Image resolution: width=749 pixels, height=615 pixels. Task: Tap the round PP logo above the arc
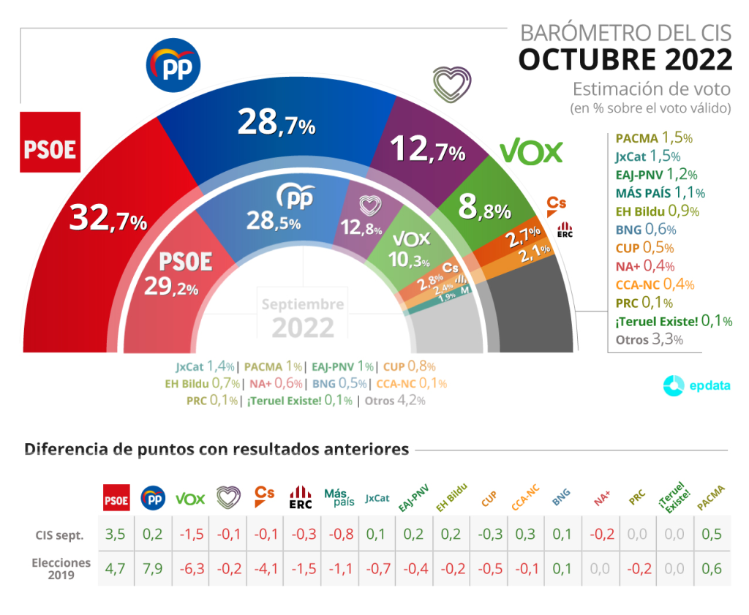click(x=173, y=64)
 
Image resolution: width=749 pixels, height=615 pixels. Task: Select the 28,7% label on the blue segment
click(x=276, y=123)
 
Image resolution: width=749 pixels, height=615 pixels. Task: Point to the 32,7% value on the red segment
click(x=108, y=218)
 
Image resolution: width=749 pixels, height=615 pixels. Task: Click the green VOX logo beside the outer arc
click(x=531, y=151)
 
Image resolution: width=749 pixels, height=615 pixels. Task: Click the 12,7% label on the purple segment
click(x=428, y=150)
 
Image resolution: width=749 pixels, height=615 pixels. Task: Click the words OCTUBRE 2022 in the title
click(x=625, y=59)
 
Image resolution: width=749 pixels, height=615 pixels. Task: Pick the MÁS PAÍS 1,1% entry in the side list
click(x=660, y=193)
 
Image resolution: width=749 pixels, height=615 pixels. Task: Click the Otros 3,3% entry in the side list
click(x=649, y=339)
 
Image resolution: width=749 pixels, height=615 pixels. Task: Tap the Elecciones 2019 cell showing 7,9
click(x=153, y=568)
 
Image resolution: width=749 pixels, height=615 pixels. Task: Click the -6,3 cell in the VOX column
click(x=190, y=568)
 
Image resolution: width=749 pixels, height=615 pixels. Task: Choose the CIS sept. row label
click(x=59, y=535)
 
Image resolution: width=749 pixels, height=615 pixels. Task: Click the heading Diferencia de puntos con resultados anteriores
click(x=217, y=449)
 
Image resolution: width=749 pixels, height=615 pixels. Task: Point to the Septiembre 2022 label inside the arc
click(x=303, y=316)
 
